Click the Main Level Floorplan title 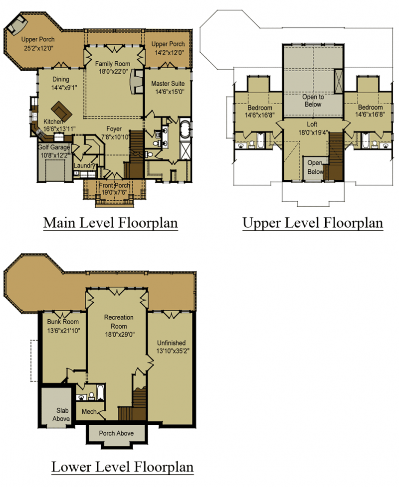[110, 223]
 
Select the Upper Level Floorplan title [313, 223]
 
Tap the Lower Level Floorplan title [122, 467]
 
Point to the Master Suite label [168, 84]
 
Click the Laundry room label [85, 165]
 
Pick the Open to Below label [313, 101]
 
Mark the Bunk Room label [63, 322]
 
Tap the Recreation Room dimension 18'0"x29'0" [119, 335]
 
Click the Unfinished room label [171, 343]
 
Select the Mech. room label [89, 411]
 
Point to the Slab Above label [61, 415]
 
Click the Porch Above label [116, 433]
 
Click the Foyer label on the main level [114, 129]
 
